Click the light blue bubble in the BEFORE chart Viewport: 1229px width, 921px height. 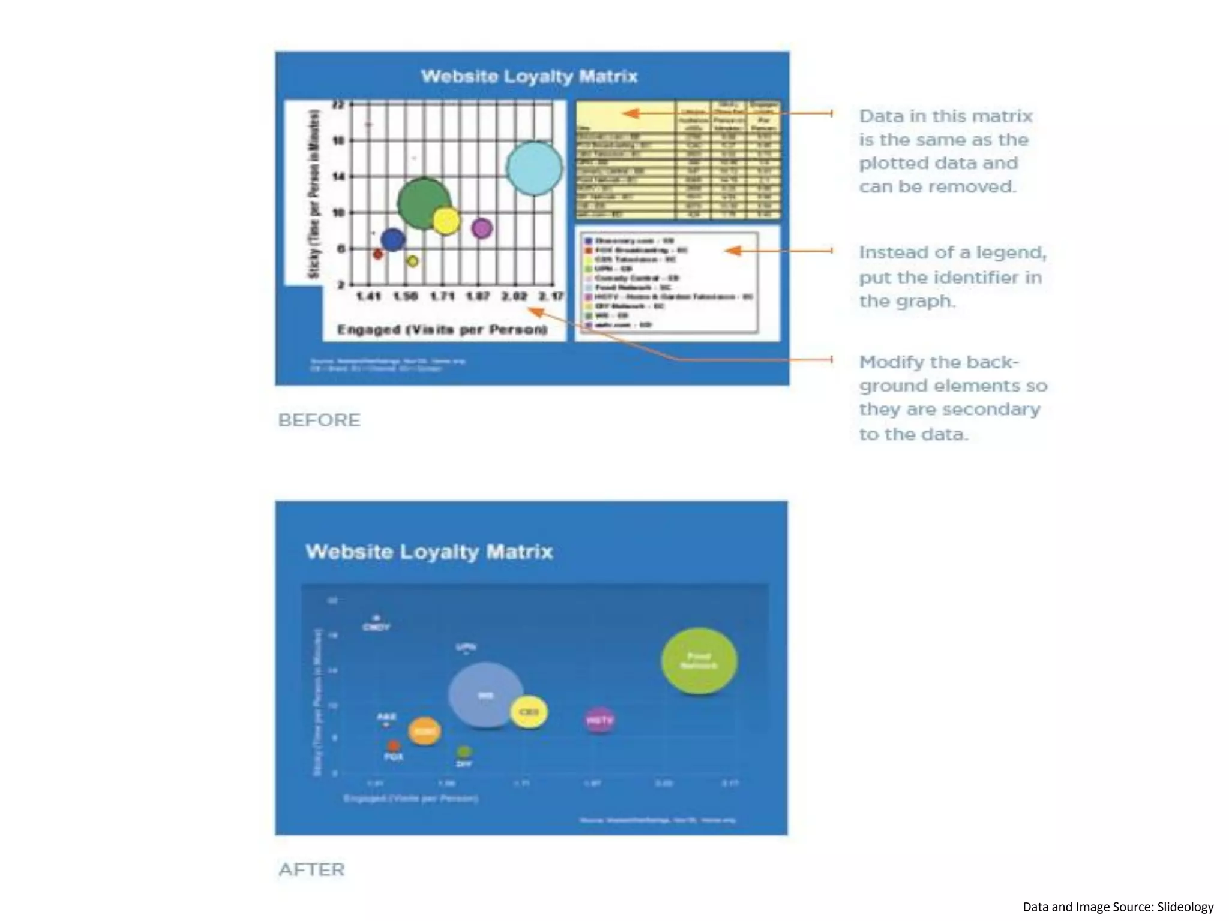534,168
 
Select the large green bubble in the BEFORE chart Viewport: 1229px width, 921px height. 424,203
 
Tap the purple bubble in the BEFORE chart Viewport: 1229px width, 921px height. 482,228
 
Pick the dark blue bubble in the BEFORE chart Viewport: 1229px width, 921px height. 392,240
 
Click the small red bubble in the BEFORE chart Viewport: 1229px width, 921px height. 378,254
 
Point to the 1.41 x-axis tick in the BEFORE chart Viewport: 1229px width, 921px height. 368,296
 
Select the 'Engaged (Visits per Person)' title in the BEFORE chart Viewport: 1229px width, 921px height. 442,330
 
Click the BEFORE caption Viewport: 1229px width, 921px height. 319,420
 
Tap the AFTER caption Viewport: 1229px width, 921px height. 311,869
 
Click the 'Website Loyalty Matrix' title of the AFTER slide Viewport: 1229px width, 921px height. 429,552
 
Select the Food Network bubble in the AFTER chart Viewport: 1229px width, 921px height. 699,661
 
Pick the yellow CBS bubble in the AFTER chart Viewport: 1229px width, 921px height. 529,712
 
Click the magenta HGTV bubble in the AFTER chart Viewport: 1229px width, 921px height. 599,720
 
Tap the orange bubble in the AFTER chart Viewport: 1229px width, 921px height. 424,731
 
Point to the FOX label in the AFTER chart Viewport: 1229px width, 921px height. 394,757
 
